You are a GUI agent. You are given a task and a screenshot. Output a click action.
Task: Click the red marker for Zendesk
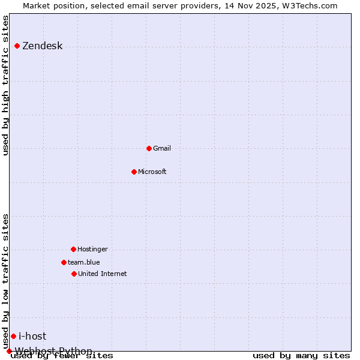point(17,46)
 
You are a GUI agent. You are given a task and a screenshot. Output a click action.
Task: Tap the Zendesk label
point(42,46)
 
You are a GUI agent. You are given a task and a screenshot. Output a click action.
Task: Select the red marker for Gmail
point(149,148)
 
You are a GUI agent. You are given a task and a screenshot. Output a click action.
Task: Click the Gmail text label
point(162,148)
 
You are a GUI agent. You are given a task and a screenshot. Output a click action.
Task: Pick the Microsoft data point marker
point(134,172)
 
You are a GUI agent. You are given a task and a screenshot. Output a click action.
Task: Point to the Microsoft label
point(152,172)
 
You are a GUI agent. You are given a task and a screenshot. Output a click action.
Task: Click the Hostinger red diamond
point(73,249)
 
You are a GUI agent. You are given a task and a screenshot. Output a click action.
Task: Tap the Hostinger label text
point(92,249)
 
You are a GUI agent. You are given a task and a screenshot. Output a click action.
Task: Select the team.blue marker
point(64,262)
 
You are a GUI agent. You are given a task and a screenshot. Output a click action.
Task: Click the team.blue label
point(83,262)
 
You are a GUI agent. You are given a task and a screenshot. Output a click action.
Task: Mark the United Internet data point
point(74,274)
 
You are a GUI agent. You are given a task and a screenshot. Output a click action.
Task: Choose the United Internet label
point(102,274)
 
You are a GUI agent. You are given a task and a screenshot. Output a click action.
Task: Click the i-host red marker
point(13,336)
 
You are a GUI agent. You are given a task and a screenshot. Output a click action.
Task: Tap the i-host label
point(32,336)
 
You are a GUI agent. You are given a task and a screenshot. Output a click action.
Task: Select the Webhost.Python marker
point(9,351)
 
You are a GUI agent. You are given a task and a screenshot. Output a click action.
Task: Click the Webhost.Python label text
point(54,351)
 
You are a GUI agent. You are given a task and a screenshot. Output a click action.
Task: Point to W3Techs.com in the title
point(310,6)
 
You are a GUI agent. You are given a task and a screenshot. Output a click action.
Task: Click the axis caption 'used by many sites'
point(301,356)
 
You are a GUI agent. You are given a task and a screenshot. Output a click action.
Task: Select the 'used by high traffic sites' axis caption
point(6,85)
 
